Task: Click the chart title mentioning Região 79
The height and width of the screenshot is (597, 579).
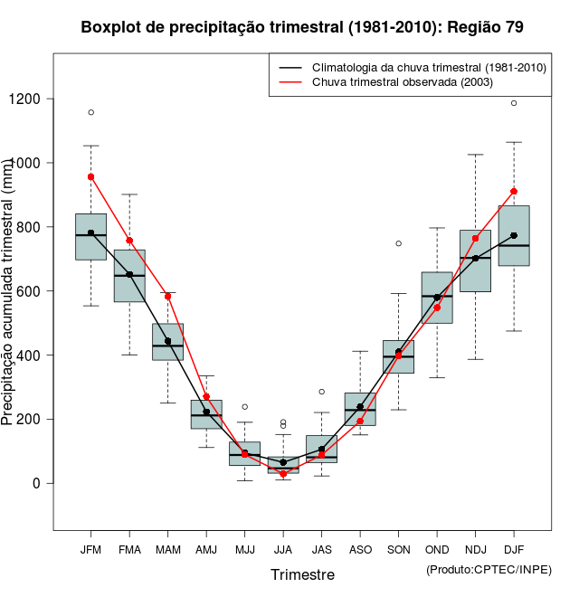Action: tap(302, 27)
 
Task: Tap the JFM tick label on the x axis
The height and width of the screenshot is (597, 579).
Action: tap(90, 549)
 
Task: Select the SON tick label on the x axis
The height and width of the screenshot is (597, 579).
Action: tap(398, 549)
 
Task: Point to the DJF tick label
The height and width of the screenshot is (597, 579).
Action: tap(514, 549)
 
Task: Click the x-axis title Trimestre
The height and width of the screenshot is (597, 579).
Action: tap(302, 574)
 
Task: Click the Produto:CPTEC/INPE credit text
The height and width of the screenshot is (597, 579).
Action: tap(489, 569)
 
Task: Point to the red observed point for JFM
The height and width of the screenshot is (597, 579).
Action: tap(90, 176)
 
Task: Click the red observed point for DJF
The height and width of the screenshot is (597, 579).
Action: tap(514, 191)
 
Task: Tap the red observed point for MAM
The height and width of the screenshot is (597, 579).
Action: tap(167, 296)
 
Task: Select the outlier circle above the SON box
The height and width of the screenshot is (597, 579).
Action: tap(398, 243)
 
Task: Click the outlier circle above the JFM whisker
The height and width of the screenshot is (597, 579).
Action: tap(90, 112)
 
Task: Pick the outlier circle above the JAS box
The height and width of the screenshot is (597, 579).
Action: tap(321, 392)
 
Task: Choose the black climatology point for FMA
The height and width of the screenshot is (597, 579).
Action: tap(129, 274)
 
